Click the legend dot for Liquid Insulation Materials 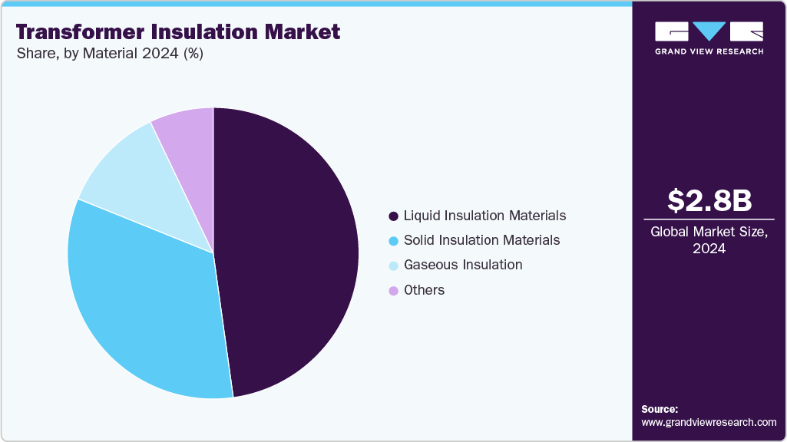(394, 216)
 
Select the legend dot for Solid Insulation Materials (394, 241)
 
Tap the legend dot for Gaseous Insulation (394, 266)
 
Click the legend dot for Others (394, 291)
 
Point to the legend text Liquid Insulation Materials (484, 216)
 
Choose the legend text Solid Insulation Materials (481, 240)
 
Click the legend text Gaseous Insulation (463, 265)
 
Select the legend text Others (424, 290)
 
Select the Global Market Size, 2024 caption (709, 239)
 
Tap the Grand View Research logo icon (709, 31)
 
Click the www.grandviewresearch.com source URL (709, 422)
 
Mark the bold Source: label (660, 409)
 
